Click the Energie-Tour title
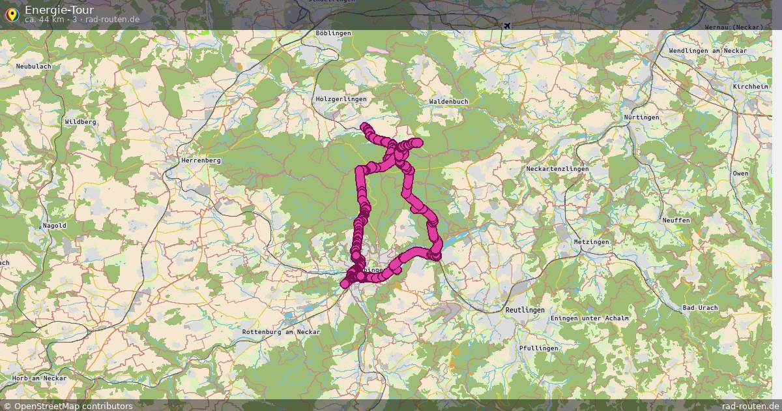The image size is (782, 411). pyautogui.click(x=59, y=10)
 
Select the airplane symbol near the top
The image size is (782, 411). pyautogui.click(x=507, y=25)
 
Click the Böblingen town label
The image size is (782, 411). pyautogui.click(x=333, y=33)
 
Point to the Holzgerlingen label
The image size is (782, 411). pyautogui.click(x=341, y=99)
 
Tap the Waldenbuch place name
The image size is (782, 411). pyautogui.click(x=449, y=102)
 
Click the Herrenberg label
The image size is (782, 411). pyautogui.click(x=201, y=160)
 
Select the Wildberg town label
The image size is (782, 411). pyautogui.click(x=81, y=122)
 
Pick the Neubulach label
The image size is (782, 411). pyautogui.click(x=33, y=67)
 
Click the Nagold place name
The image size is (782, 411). pyautogui.click(x=54, y=226)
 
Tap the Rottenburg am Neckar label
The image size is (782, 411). pyautogui.click(x=281, y=332)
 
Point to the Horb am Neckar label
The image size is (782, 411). pyautogui.click(x=40, y=378)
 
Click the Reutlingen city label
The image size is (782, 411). pyautogui.click(x=525, y=310)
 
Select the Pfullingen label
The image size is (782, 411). pyautogui.click(x=539, y=348)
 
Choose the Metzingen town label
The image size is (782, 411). pyautogui.click(x=592, y=242)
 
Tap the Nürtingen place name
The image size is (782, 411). pyautogui.click(x=641, y=117)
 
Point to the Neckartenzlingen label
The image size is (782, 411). pyautogui.click(x=557, y=169)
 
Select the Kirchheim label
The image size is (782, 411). pyautogui.click(x=750, y=87)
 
